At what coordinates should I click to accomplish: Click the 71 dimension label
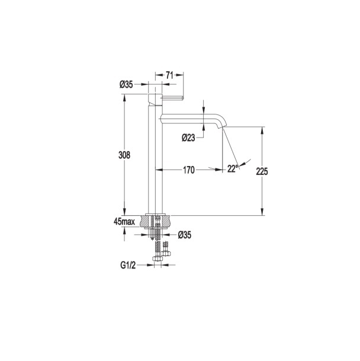[169, 75]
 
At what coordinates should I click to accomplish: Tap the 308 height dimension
[124, 155]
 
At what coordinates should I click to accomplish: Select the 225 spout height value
[262, 171]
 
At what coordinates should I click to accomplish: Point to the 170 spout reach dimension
[189, 170]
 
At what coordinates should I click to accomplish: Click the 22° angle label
[232, 169]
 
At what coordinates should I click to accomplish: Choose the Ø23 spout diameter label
[188, 138]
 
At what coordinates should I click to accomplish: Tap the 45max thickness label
[124, 222]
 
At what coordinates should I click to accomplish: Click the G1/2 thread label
[128, 266]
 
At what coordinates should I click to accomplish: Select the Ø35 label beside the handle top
[126, 85]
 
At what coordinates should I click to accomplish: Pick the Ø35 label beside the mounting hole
[185, 235]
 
